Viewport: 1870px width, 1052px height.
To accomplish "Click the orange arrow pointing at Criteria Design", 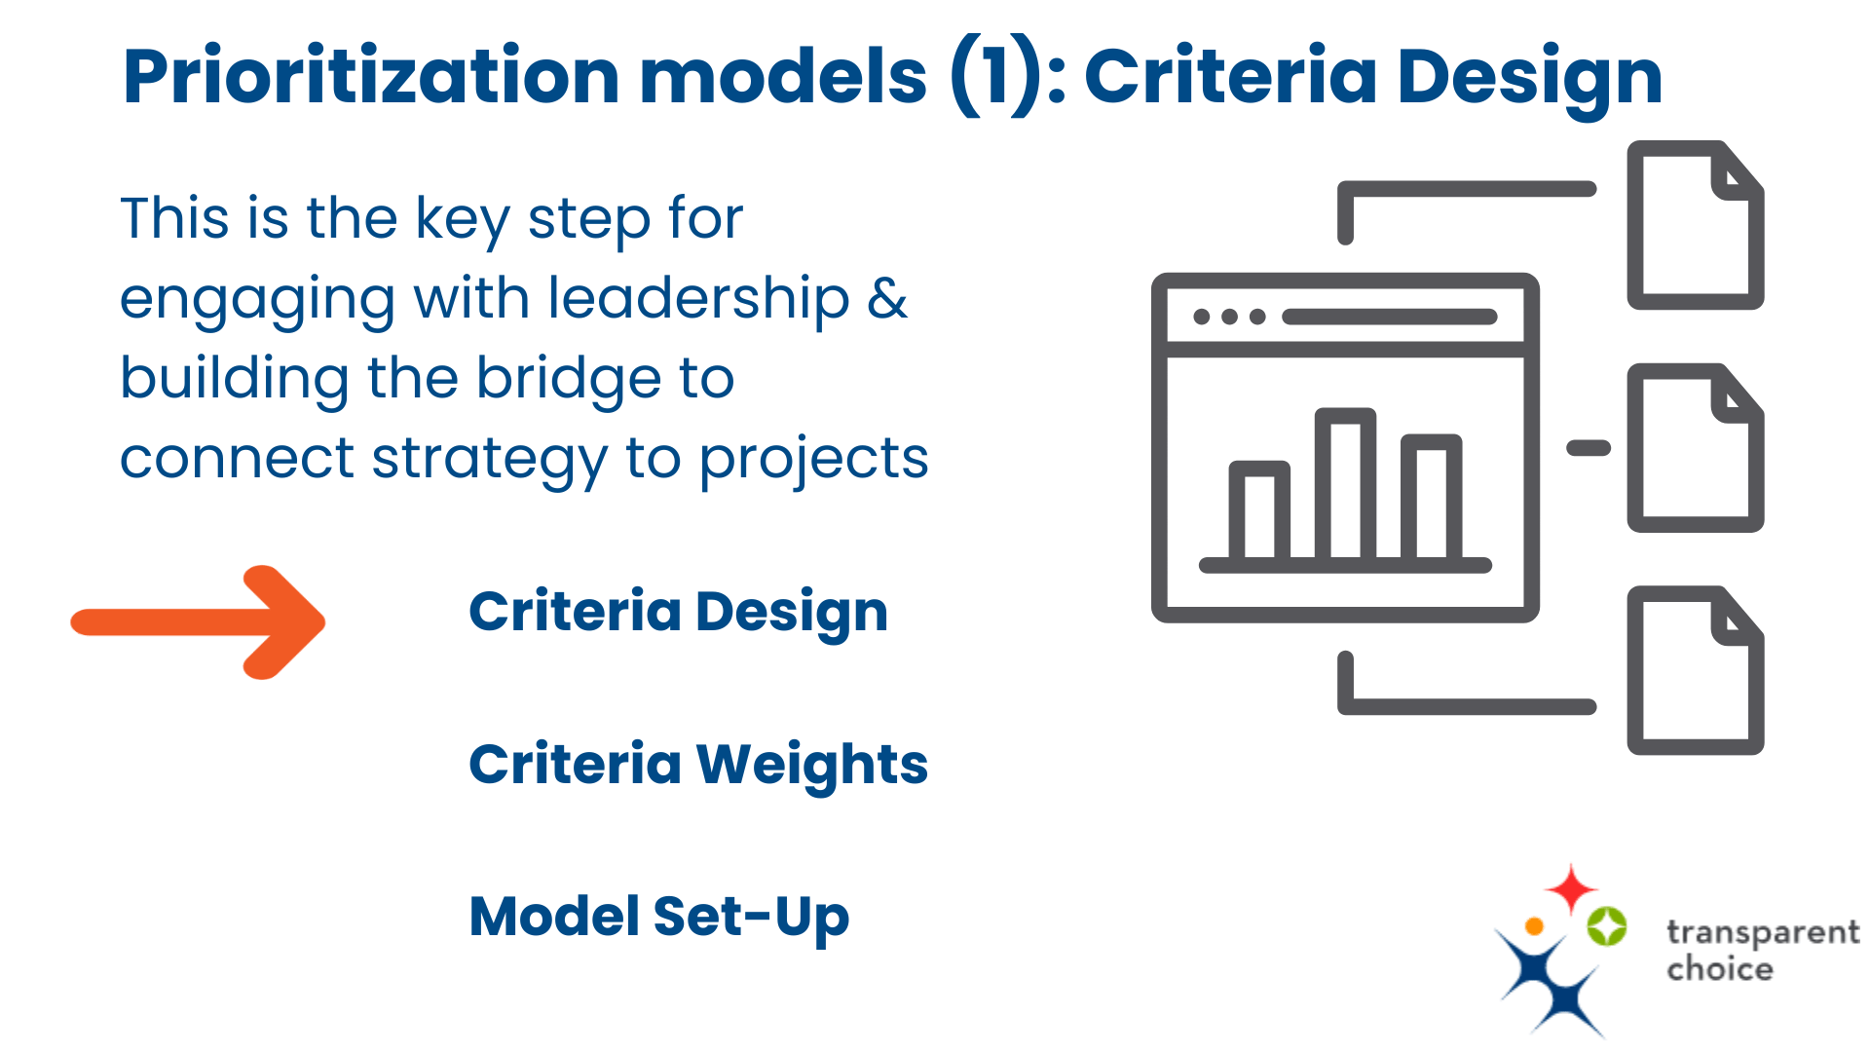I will (x=200, y=621).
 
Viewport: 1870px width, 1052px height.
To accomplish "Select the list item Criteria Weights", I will (x=697, y=764).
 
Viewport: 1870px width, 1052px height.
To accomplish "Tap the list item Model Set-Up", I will (x=658, y=917).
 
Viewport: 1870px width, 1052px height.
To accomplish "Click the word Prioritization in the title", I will (x=371, y=77).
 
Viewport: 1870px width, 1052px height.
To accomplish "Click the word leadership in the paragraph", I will (x=698, y=298).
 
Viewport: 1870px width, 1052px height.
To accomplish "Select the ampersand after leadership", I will (x=886, y=298).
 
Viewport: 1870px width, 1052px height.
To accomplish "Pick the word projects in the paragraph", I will (x=813, y=459).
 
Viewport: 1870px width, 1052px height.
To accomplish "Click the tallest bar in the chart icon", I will (x=1345, y=485).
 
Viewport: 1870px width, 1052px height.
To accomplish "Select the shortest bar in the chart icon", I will (x=1259, y=511).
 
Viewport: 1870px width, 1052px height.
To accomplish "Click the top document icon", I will (x=1695, y=226).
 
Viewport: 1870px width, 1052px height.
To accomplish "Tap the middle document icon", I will (x=1695, y=448).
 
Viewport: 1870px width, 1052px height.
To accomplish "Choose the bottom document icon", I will (x=1695, y=670).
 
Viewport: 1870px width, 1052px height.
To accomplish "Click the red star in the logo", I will (x=1571, y=887).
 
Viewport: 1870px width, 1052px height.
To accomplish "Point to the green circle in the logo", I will (x=1607, y=925).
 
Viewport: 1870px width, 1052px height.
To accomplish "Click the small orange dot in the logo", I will (x=1534, y=925).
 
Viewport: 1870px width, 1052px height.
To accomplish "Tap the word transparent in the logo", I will (x=1762, y=933).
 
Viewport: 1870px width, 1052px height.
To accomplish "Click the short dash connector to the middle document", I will (x=1588, y=448).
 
